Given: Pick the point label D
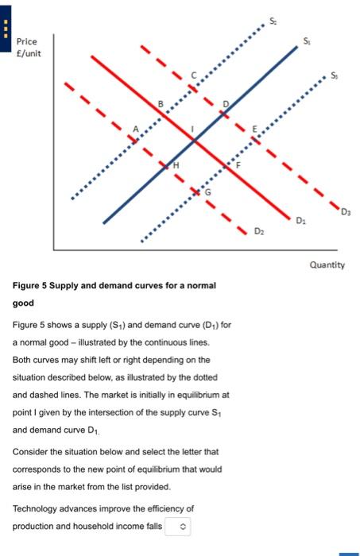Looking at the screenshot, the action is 225,104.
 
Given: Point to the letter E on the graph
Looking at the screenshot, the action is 255,129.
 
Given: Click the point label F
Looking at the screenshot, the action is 236,164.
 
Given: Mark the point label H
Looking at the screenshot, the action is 176,164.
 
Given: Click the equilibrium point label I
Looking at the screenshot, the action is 191,127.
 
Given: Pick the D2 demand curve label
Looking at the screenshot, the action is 259,230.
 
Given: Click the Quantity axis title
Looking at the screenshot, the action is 327,264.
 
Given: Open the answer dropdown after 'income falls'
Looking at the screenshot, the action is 178,527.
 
